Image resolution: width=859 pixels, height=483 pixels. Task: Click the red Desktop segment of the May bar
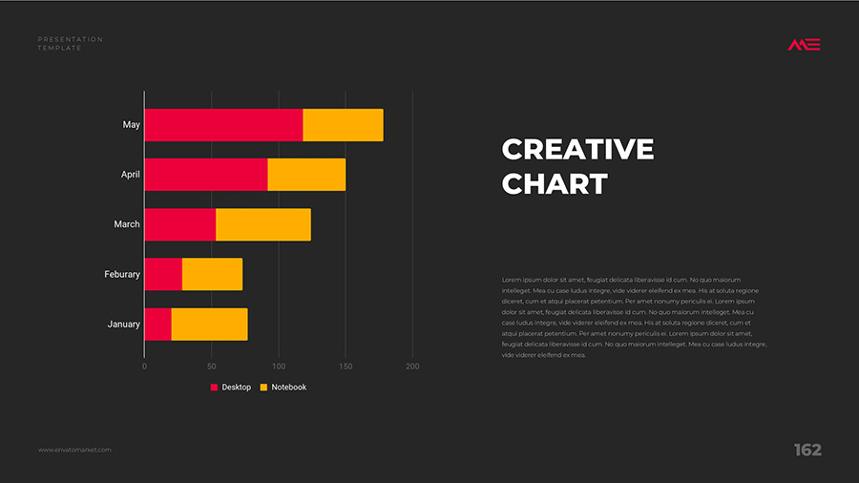click(223, 125)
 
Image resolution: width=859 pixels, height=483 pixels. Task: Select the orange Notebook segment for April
click(306, 175)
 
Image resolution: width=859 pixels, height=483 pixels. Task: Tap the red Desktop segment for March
click(180, 224)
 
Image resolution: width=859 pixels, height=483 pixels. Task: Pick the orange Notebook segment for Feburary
click(212, 274)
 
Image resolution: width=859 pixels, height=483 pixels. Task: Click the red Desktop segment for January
click(158, 325)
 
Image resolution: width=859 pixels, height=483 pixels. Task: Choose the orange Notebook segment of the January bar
click(209, 325)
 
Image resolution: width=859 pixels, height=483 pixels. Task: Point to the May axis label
click(131, 125)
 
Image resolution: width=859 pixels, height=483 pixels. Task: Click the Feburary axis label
click(122, 275)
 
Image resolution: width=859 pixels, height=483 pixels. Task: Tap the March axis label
click(127, 224)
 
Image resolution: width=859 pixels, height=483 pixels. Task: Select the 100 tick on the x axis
click(279, 367)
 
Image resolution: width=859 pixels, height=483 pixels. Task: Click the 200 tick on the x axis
click(412, 367)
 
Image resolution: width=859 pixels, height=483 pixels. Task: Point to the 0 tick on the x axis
click(144, 367)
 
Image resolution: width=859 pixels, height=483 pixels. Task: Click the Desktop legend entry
click(231, 388)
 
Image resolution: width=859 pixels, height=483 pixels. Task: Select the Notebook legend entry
click(283, 388)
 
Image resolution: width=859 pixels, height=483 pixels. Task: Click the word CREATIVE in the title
click(577, 150)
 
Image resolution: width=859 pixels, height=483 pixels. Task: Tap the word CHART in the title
click(555, 183)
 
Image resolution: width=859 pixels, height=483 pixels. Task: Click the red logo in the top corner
click(804, 44)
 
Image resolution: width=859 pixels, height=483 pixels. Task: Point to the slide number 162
click(807, 451)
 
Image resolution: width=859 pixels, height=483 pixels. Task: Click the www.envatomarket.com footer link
click(74, 450)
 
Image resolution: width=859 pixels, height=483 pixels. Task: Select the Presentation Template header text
click(70, 43)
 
